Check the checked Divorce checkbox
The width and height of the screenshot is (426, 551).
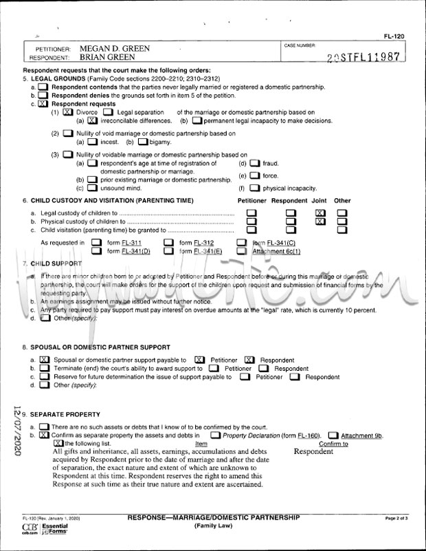(67, 112)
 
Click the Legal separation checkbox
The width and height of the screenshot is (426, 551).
(109, 112)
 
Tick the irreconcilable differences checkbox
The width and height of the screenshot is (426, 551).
(91, 121)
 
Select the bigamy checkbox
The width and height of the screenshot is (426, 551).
(142, 142)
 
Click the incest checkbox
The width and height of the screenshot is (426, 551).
(91, 142)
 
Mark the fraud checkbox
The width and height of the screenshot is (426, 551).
(254, 164)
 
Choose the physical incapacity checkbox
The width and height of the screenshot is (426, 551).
(254, 188)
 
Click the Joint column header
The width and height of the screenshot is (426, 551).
(319, 201)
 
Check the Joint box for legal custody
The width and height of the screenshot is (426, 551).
(319, 213)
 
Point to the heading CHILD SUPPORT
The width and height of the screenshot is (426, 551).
(57, 263)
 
